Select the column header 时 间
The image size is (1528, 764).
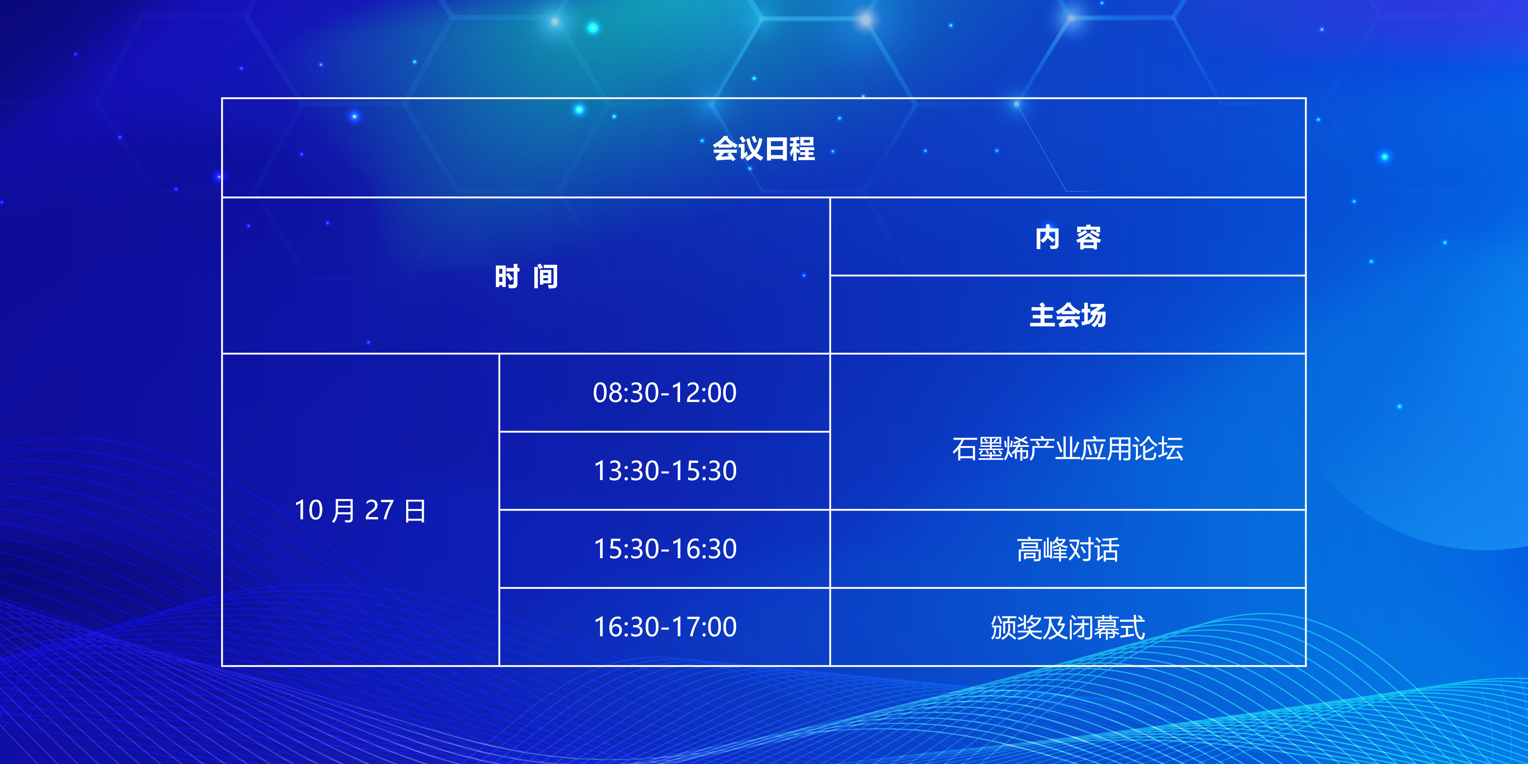click(x=526, y=276)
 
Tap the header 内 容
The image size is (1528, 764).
click(x=1068, y=237)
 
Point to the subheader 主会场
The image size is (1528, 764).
click(x=1068, y=315)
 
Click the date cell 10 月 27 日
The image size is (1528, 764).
click(x=360, y=510)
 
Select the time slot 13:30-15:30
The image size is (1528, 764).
click(x=664, y=471)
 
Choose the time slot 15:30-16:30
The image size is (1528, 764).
click(x=664, y=549)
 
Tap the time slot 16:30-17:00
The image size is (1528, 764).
click(x=664, y=627)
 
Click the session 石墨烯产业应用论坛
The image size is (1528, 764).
click(x=1068, y=448)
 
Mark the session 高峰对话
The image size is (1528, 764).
click(x=1068, y=549)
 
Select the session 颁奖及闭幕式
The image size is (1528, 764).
click(x=1068, y=627)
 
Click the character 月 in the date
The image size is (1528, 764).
click(x=343, y=510)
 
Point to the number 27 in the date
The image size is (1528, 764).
click(x=379, y=510)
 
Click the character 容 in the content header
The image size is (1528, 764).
click(x=1089, y=237)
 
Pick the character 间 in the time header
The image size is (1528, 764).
click(x=546, y=276)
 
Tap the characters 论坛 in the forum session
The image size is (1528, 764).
click(x=1158, y=448)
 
